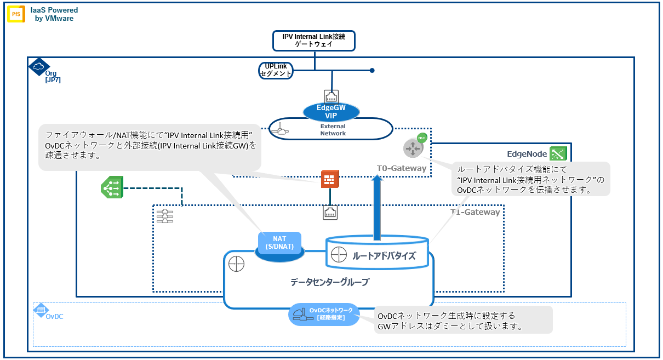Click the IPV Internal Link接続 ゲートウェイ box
point(314,41)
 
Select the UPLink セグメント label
point(276,70)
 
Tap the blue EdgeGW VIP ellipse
point(331,111)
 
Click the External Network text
point(333,130)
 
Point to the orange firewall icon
point(330,179)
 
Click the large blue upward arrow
point(377,208)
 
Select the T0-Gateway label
point(401,168)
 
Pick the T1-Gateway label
point(475,212)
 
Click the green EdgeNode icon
point(558,154)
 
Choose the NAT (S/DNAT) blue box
point(279,243)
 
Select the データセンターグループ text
point(329,282)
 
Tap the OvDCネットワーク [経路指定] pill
point(324,314)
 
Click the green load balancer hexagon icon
point(112,187)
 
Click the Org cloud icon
point(38,66)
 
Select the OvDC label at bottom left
point(54,316)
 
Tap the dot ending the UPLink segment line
point(371,70)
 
